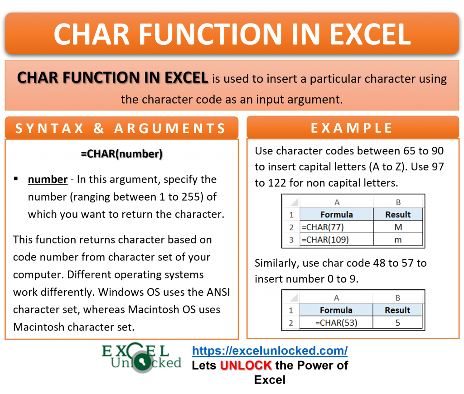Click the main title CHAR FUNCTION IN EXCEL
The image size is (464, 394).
point(232,33)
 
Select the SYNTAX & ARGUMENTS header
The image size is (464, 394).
point(121,128)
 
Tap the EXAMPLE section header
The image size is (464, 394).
point(352,128)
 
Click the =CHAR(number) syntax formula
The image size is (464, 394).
point(121,154)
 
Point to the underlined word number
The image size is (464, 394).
point(48,179)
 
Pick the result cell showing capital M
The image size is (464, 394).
point(398,227)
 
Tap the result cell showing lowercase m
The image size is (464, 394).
point(398,240)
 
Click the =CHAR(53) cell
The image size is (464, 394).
point(336,322)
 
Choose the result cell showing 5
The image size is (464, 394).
point(397,322)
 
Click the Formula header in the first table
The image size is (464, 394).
point(336,214)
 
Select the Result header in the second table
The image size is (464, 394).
point(397,310)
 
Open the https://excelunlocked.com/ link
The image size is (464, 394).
point(270,351)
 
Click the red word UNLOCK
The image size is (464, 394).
point(246,365)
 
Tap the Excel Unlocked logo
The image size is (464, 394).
point(141,358)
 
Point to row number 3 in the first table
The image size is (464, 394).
point(291,240)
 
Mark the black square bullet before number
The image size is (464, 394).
point(16,179)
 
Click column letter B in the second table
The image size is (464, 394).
point(397,298)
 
